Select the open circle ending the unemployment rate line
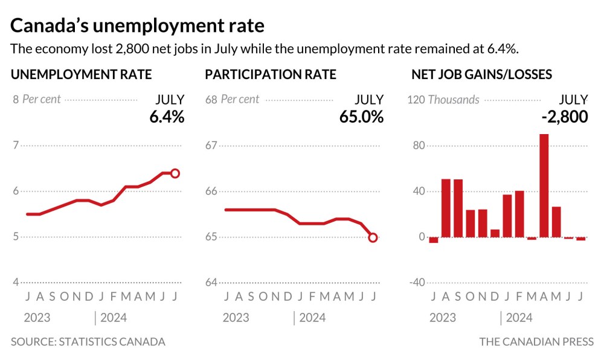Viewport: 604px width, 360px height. pyautogui.click(x=175, y=173)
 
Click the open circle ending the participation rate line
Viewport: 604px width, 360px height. pyautogui.click(x=373, y=237)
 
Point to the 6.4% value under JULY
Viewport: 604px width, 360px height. pyautogui.click(x=167, y=117)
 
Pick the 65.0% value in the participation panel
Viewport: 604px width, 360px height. pyautogui.click(x=361, y=117)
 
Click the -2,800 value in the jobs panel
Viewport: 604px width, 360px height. pyautogui.click(x=564, y=117)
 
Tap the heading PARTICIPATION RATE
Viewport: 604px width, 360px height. pyautogui.click(x=271, y=75)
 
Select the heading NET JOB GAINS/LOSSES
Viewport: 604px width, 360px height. pyautogui.click(x=481, y=75)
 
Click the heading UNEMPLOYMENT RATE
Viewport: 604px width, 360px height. pyautogui.click(x=81, y=75)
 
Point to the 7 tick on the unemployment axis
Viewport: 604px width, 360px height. pyautogui.click(x=16, y=145)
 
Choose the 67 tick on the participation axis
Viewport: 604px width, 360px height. pyautogui.click(x=211, y=145)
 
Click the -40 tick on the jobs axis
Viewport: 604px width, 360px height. pyautogui.click(x=417, y=283)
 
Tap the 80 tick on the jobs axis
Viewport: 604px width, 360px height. pyautogui.click(x=419, y=146)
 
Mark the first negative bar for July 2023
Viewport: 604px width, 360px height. pyautogui.click(x=434, y=240)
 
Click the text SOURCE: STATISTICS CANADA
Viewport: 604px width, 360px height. pyautogui.click(x=88, y=342)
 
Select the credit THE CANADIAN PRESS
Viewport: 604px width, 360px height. pyautogui.click(x=536, y=342)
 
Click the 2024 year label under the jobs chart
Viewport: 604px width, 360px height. pyautogui.click(x=519, y=318)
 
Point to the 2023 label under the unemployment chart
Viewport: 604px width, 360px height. pyautogui.click(x=37, y=318)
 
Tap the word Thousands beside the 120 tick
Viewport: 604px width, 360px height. pyautogui.click(x=454, y=100)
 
